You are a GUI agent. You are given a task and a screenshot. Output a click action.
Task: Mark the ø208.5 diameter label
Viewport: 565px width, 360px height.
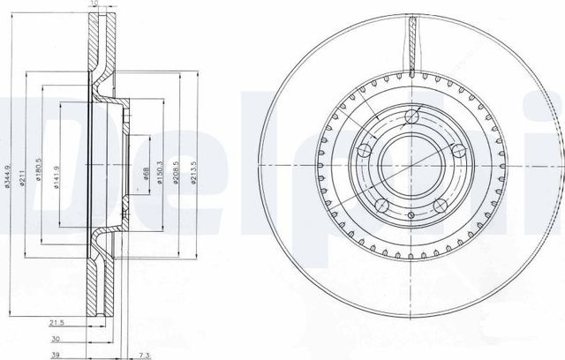pos(177,167)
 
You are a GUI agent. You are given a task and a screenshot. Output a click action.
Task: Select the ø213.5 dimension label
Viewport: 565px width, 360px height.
pos(192,167)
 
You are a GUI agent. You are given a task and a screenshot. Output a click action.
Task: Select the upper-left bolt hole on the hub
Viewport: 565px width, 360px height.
pos(363,151)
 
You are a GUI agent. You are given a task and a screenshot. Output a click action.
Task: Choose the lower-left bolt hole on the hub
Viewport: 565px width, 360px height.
pos(382,206)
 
